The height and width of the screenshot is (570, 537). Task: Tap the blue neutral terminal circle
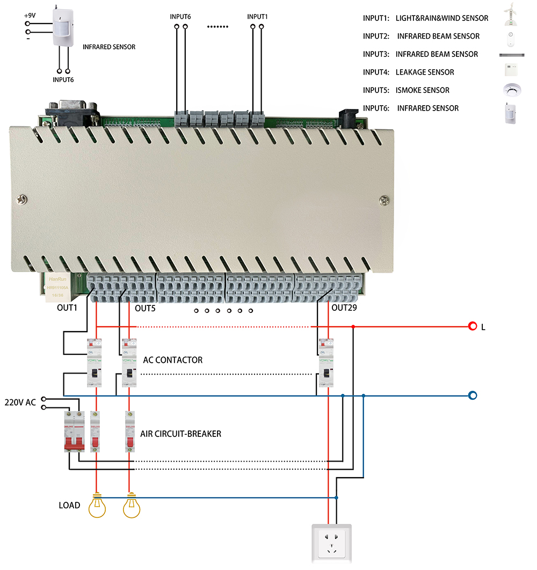[473, 396]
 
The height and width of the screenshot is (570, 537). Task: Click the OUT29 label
[344, 308]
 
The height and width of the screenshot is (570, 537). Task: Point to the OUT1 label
[67, 308]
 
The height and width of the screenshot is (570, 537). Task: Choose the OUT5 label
[144, 309]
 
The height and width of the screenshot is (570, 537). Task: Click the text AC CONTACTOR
[173, 360]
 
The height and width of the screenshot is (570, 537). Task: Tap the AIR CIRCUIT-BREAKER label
[180, 433]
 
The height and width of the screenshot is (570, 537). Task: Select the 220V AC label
[20, 402]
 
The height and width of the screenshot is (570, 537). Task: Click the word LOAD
[69, 505]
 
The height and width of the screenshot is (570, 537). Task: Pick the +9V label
[30, 16]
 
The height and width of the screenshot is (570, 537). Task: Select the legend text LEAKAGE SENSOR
[425, 72]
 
